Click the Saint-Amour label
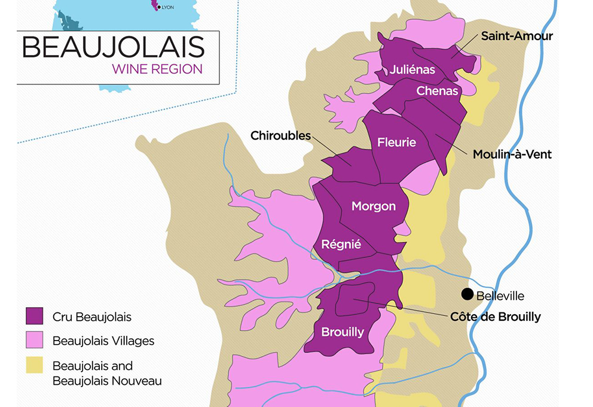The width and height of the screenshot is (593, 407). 517,36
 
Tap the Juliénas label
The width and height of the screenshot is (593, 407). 412,69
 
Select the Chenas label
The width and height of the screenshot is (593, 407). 437,91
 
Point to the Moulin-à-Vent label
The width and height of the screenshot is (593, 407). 512,154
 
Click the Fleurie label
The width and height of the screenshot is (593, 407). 396,142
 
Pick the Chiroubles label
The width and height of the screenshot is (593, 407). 280,136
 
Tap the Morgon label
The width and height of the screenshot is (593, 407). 374,206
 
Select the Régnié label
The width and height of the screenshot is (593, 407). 341,244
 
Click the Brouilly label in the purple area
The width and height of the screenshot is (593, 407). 343,332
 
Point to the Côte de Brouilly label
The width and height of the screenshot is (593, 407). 495,317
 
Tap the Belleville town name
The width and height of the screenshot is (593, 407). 500,296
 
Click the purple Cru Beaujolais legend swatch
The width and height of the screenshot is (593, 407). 35,315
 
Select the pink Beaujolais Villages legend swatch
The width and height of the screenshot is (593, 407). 35,340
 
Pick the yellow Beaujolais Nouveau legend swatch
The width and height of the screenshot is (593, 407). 35,365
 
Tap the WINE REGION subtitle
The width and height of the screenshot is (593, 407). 157,69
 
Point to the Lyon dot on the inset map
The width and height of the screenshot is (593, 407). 158,7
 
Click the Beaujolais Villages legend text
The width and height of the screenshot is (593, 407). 103,341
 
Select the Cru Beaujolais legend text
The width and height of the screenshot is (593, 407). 92,317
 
